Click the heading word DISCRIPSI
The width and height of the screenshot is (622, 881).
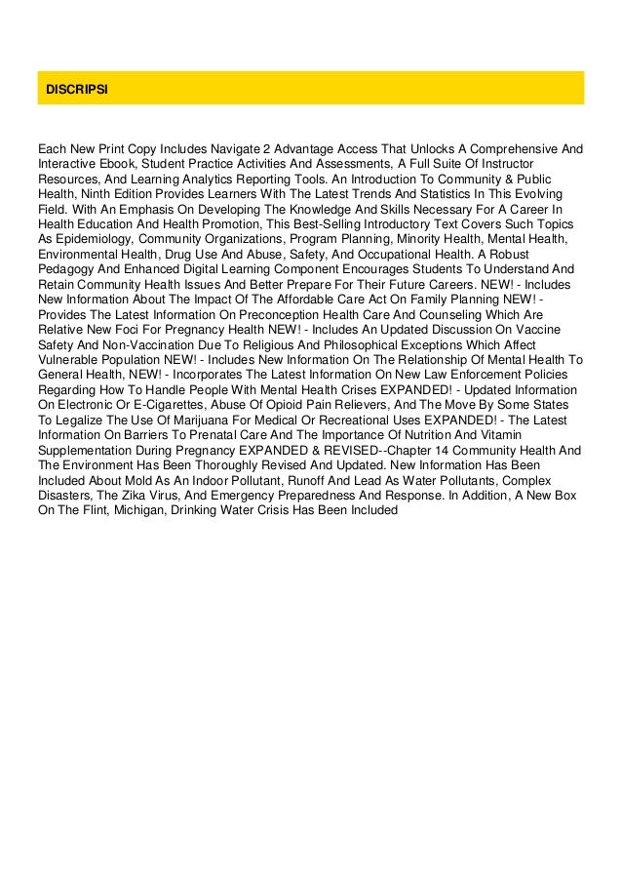coord(77,89)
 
